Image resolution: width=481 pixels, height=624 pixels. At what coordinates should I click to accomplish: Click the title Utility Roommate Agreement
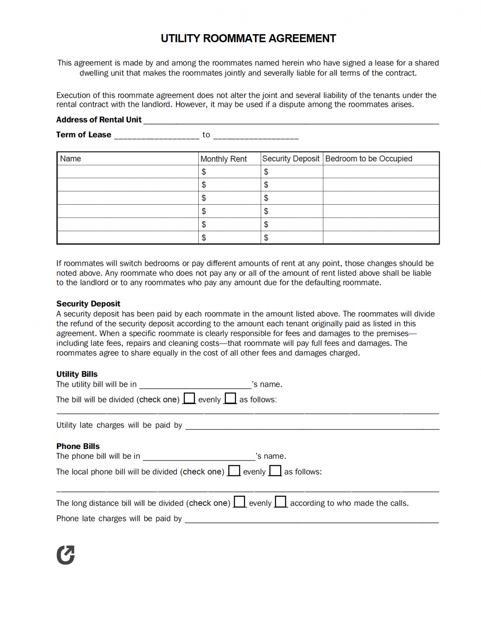point(248,39)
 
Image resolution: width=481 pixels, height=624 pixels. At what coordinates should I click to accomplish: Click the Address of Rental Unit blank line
point(291,120)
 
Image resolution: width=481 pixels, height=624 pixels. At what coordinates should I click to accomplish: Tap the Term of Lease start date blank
point(157,135)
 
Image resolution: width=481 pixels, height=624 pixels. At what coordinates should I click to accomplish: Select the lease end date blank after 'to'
point(256,135)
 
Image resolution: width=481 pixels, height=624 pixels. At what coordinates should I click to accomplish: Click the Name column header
point(71,159)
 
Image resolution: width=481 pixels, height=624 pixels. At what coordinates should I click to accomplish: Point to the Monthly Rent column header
point(223,159)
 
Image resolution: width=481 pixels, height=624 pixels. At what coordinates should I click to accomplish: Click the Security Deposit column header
point(291,159)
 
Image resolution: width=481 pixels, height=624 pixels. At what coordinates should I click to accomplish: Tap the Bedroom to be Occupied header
point(368,159)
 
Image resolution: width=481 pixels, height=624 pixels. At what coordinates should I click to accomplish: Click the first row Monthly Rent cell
point(229,172)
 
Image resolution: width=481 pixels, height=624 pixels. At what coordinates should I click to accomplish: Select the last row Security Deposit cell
point(292,238)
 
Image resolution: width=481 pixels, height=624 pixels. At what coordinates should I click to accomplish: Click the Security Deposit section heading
point(88,303)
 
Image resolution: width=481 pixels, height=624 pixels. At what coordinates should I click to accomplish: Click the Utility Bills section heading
point(77,374)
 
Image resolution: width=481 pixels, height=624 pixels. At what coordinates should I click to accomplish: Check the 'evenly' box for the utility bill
point(189,398)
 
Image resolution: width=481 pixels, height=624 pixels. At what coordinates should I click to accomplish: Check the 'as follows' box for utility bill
point(230,398)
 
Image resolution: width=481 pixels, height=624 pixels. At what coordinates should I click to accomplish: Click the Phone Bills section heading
point(78,446)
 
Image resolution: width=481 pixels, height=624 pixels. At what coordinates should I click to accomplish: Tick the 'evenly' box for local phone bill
point(234,470)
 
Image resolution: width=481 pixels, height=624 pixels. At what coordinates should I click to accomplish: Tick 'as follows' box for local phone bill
point(275,470)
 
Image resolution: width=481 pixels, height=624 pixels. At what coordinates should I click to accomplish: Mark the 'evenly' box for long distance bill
point(240,502)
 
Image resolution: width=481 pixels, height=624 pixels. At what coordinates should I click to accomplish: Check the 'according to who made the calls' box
point(281,502)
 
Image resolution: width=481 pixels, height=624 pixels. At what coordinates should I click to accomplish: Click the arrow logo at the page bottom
point(66,555)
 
